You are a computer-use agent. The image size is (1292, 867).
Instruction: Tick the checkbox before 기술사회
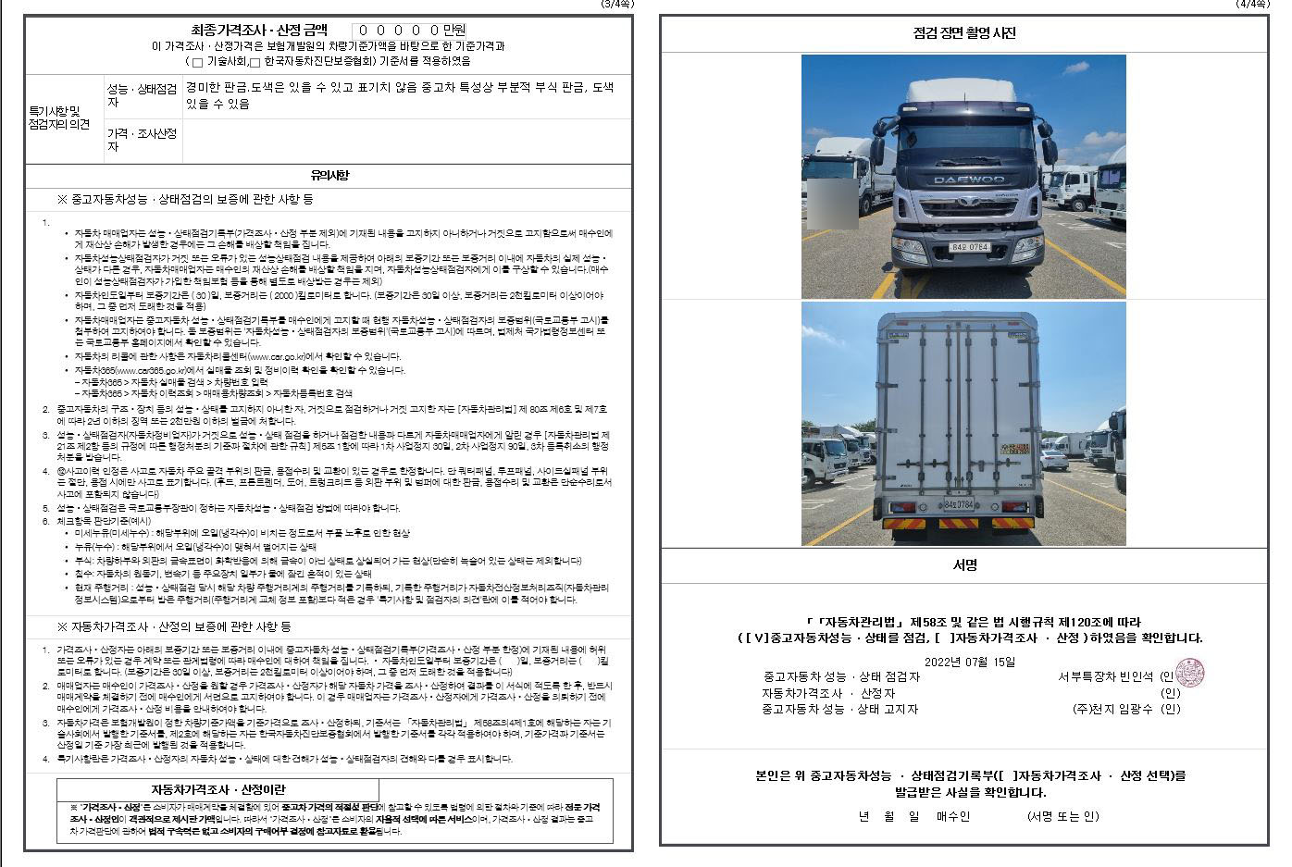pos(197,62)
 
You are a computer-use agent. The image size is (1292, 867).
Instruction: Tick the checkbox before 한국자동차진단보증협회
pos(255,62)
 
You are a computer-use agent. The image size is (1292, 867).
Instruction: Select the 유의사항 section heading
pos(329,175)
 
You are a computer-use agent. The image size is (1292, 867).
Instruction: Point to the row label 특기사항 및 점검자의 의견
pos(60,118)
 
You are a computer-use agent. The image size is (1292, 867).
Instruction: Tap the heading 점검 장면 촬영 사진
pos(963,33)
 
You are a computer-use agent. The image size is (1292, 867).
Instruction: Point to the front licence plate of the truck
pos(970,247)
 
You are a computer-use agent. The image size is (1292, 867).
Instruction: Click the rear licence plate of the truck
pos(959,504)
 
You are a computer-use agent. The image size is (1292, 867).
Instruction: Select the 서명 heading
pos(963,564)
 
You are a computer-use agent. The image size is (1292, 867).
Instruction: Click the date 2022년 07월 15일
pos(969,662)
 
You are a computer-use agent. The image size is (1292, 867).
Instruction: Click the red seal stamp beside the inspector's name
pos(1189,673)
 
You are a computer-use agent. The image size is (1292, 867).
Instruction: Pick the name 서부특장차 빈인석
pos(1105,676)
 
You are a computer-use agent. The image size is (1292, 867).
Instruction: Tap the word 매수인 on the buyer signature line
pos(953,816)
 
